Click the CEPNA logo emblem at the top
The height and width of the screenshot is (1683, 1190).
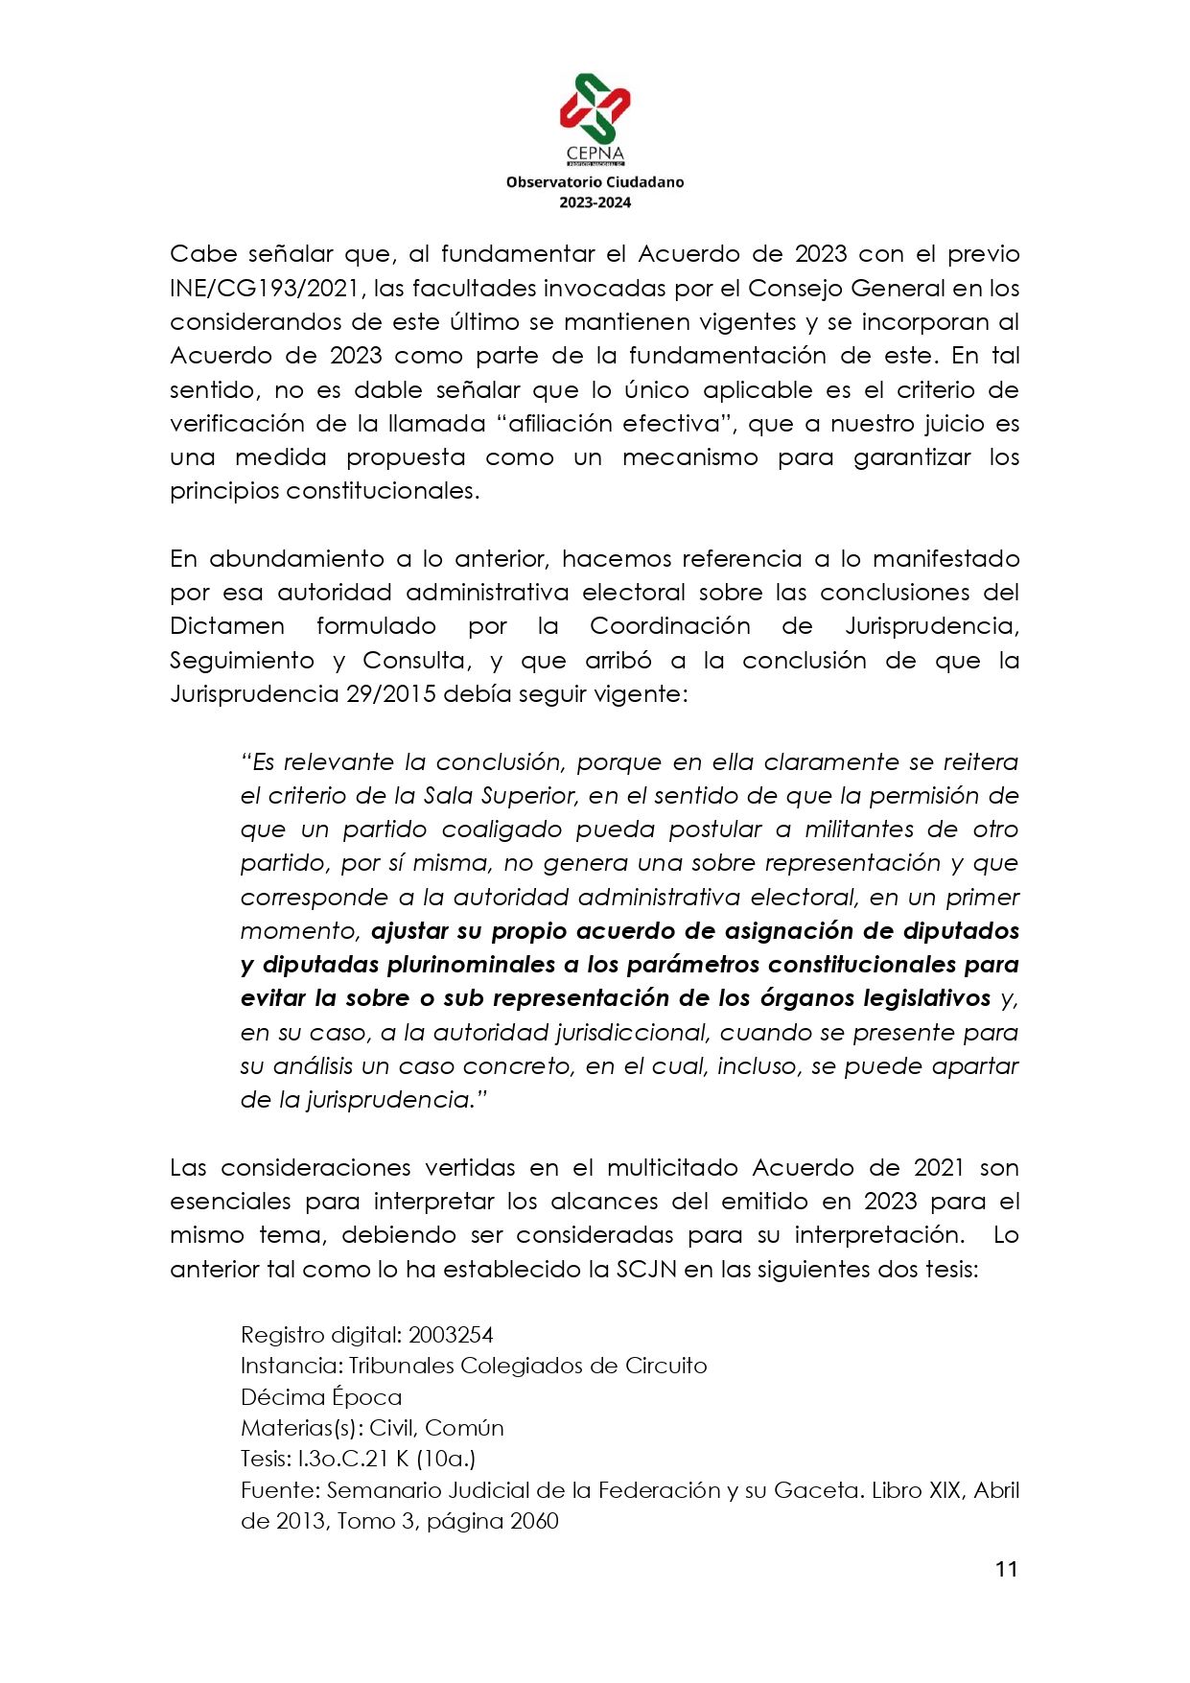595,108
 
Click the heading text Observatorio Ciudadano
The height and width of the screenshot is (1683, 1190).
595,181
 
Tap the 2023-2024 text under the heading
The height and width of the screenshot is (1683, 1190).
595,202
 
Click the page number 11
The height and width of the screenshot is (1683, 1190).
1006,1569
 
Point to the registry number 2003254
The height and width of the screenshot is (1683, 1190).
450,1334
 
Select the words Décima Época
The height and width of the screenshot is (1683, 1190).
320,1396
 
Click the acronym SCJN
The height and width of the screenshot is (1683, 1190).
646,1269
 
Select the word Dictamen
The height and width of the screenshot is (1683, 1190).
227,626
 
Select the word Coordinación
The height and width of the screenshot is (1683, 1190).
669,626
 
